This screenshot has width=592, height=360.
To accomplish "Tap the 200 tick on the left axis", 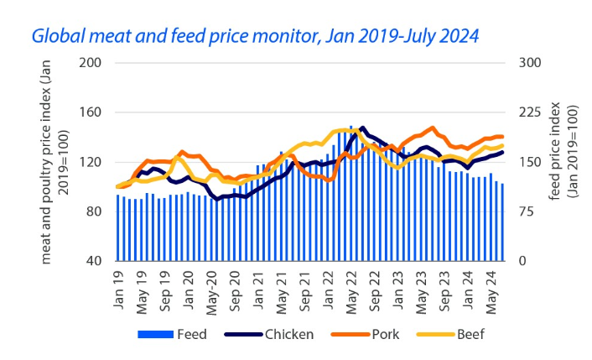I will (x=91, y=63).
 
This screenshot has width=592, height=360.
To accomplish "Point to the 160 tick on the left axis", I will (x=91, y=112).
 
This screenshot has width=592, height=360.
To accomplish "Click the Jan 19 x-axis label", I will (x=118, y=284).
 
